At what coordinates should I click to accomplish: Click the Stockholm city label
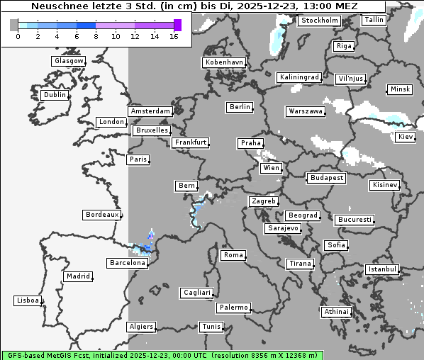tap(319, 21)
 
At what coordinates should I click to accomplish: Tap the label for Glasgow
tap(68, 61)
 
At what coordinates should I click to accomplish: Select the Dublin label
tap(54, 95)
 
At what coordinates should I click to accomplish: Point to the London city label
tap(111, 122)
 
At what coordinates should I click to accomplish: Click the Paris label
tap(138, 159)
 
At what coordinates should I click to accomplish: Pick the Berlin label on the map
tap(240, 107)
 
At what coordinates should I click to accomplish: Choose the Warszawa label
tap(306, 111)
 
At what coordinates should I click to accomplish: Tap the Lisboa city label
tap(28, 300)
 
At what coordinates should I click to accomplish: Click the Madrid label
tap(77, 276)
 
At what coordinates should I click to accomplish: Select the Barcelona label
tap(128, 263)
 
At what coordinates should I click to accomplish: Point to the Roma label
tap(233, 255)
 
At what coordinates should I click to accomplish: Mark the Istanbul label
tap(382, 269)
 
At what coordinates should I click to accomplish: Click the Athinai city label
tap(336, 312)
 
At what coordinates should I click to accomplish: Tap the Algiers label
tap(140, 327)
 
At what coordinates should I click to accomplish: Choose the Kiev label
tap(406, 136)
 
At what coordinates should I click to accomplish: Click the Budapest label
tap(326, 178)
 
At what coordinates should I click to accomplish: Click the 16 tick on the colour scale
tap(174, 36)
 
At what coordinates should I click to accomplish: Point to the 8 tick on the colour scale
tap(96, 36)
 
